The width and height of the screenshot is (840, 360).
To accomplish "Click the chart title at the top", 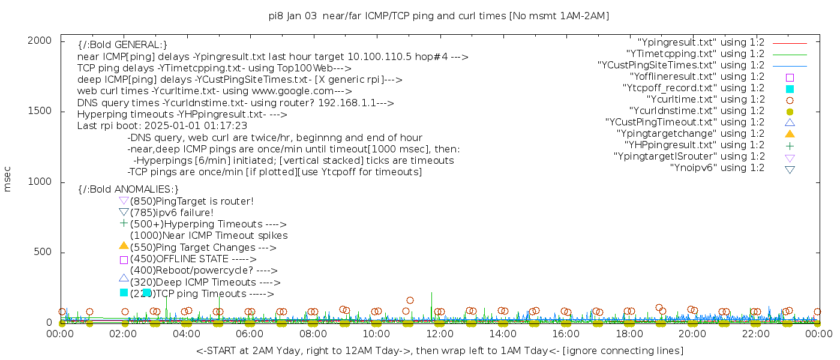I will pos(439,16).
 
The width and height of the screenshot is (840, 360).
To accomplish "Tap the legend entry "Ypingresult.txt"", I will pos(701,43).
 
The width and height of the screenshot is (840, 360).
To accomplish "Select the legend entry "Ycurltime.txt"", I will pos(705,99).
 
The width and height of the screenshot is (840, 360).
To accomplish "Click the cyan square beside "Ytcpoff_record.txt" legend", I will pos(790,88).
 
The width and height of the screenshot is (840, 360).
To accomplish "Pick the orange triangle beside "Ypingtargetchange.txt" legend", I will pos(790,133).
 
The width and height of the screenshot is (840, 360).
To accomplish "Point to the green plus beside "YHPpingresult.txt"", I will pos(790,145).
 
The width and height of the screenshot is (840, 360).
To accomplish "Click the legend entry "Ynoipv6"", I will pos(717,167).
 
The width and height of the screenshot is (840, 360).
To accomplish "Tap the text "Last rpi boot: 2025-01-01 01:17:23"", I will pos(162,126).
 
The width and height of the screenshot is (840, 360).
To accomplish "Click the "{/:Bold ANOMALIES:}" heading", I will pos(128,190).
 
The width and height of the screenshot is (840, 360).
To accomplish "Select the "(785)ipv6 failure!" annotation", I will pos(172,212).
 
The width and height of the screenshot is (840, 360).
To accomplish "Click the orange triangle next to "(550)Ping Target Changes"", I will pos(124,245).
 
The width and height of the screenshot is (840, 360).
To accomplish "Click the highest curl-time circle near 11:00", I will pos(410,300).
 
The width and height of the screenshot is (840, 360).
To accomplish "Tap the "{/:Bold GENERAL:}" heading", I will pos(122,45).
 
